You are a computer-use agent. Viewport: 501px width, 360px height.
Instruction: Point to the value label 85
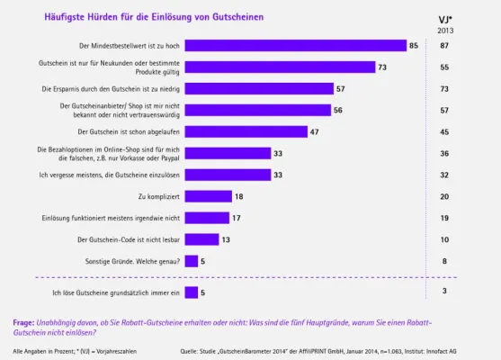(414, 44)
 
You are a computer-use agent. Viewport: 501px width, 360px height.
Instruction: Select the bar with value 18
(210, 195)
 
